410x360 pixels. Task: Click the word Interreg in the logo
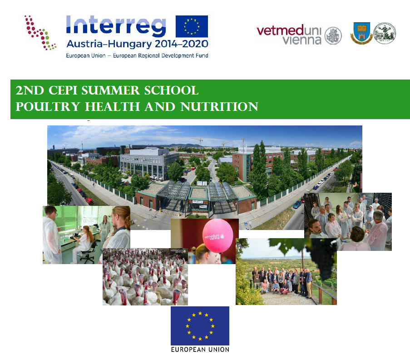point(116,25)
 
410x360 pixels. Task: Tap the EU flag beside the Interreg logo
point(192,26)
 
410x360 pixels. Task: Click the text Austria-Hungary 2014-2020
point(137,44)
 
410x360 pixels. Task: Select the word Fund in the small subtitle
point(203,55)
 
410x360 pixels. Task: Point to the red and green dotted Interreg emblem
point(40,32)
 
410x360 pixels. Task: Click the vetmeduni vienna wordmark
point(289,35)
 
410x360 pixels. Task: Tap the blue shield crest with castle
point(361,33)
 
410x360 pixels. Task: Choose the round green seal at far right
point(385,33)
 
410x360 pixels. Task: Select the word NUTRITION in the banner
point(219,107)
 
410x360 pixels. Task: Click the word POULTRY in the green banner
point(48,107)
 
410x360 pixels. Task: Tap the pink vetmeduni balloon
point(217,235)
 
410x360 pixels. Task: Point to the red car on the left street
point(89,201)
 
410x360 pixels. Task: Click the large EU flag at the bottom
point(200,326)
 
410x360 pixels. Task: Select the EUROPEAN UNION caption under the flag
point(200,350)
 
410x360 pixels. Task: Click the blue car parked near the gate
point(297,205)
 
